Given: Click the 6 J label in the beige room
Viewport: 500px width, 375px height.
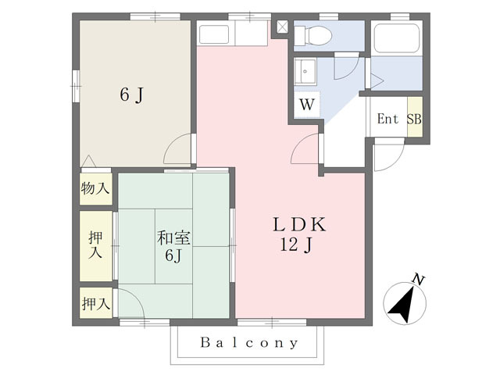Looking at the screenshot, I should pos(132,95).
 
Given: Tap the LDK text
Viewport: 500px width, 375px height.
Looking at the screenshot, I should pos(298,225).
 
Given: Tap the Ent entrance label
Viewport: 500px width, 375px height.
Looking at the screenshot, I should pos(388,120).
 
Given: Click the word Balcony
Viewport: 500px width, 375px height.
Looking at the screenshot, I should pos(249,342).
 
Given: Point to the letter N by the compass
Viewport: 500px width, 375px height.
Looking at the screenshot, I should pos(419,279).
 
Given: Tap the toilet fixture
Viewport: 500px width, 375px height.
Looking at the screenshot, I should pos(316,34).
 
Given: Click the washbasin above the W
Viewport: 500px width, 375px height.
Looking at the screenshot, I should pos(305,73).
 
